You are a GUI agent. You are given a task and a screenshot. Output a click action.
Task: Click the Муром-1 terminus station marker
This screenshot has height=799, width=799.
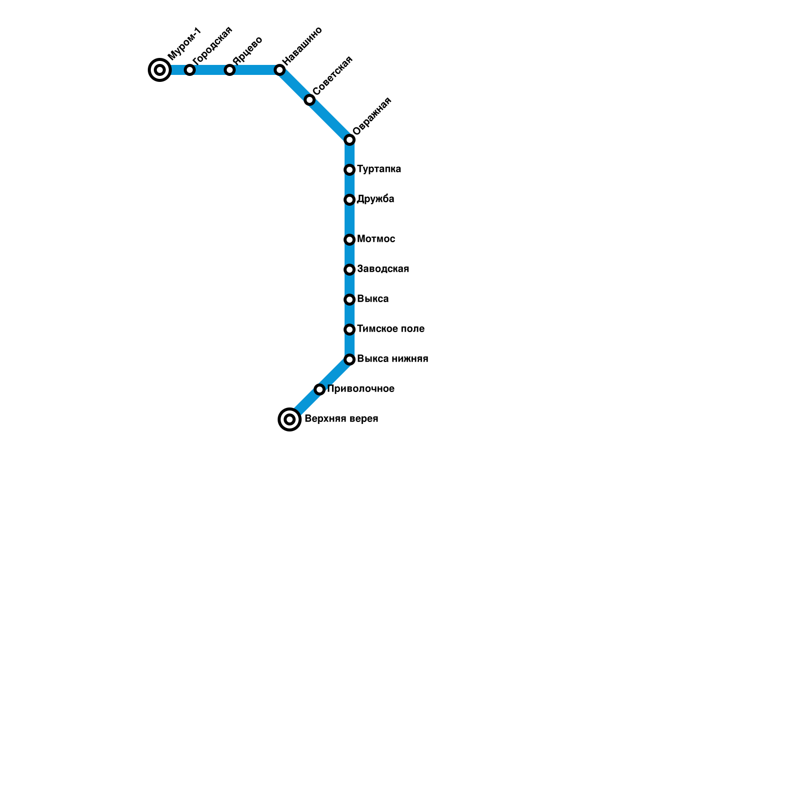pyautogui.click(x=160, y=70)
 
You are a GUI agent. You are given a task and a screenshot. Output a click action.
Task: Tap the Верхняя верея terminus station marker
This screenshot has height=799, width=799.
pyautogui.click(x=290, y=419)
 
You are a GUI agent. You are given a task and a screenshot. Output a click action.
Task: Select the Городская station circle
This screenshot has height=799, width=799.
pyautogui.click(x=190, y=70)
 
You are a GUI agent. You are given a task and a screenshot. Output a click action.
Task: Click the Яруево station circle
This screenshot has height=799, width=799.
pyautogui.click(x=230, y=70)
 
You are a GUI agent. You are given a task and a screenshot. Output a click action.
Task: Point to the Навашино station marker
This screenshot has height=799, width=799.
pyautogui.click(x=280, y=70)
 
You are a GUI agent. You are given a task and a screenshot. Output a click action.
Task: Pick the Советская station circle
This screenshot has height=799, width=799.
pyautogui.click(x=310, y=100)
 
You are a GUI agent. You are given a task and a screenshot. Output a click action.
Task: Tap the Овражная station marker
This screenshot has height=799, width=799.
pyautogui.click(x=350, y=140)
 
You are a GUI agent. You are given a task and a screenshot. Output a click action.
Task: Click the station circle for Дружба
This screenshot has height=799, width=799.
pyautogui.click(x=350, y=200)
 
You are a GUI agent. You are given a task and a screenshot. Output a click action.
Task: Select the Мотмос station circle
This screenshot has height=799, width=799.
pyautogui.click(x=350, y=240)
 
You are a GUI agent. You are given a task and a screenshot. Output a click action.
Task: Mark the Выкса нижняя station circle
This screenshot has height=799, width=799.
pyautogui.click(x=350, y=360)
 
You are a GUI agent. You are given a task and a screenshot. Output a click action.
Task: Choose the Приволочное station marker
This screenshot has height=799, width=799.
pyautogui.click(x=320, y=390)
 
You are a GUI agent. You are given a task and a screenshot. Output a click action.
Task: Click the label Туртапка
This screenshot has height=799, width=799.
pyautogui.click(x=379, y=169)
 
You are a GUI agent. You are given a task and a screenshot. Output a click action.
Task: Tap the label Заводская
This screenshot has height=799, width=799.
pyautogui.click(x=383, y=269)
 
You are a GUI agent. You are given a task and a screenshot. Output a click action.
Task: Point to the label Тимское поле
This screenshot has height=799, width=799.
pyautogui.click(x=391, y=329)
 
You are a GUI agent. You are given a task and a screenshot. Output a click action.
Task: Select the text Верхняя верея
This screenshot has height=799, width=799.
pyautogui.click(x=341, y=419)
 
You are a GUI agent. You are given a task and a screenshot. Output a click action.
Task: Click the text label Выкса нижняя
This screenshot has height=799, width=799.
pyautogui.click(x=393, y=359)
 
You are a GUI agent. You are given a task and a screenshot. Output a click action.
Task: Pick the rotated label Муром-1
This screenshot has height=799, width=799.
pyautogui.click(x=184, y=43)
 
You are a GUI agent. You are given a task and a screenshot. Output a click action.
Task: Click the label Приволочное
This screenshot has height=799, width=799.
pyautogui.click(x=361, y=389)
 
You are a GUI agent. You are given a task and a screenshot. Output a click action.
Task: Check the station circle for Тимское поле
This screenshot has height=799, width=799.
pyautogui.click(x=350, y=330)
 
